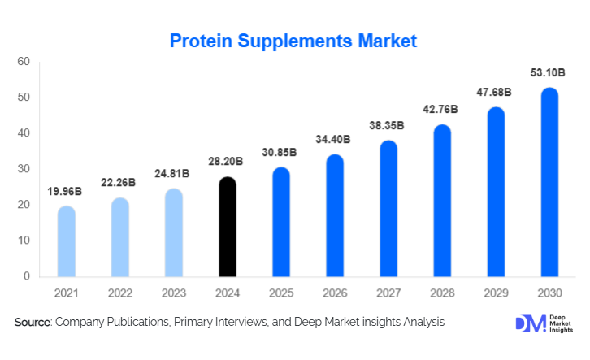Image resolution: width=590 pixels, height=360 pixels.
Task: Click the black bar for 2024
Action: tap(228, 227)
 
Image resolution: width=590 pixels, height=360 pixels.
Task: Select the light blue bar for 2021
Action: tap(67, 241)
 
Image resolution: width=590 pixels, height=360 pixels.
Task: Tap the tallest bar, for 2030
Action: tap(550, 182)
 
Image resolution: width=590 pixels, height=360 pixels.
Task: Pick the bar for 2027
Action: tap(388, 209)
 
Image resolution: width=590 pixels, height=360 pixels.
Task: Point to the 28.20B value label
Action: tap(228, 163)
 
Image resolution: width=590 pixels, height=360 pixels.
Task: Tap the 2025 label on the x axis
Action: tap(281, 292)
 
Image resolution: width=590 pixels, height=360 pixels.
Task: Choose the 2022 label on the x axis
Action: tap(120, 292)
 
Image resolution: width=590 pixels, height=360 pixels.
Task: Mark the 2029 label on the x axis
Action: tap(496, 292)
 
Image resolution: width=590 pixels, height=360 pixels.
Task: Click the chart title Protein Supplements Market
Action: tap(293, 40)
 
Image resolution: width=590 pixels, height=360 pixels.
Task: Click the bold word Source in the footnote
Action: tap(33, 323)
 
